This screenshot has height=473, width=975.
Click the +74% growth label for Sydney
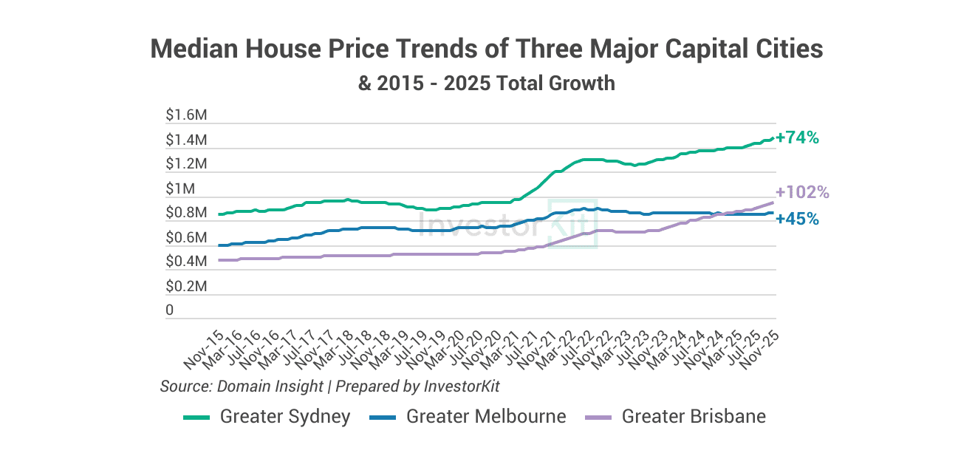(798, 137)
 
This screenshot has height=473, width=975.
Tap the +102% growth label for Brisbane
(803, 192)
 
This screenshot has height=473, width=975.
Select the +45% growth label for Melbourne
(798, 219)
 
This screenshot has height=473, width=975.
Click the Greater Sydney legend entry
(284, 417)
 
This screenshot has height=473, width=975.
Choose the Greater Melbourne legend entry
(485, 417)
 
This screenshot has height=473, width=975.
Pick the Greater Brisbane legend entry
(693, 417)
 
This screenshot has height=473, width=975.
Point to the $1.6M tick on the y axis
(186, 115)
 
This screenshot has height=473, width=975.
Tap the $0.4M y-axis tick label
(186, 262)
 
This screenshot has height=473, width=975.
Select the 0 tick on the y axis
(170, 310)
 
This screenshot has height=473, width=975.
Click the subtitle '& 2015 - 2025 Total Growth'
(487, 83)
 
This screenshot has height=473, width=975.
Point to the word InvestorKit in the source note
(467, 386)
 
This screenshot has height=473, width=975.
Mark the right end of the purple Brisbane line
(773, 202)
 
